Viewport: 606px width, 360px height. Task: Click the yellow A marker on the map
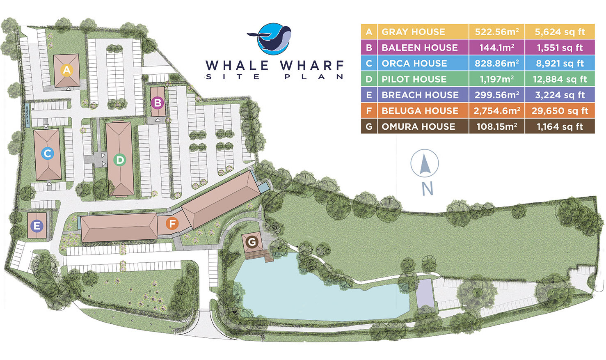click(67, 70)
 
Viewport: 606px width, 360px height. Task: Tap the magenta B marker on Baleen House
click(157, 103)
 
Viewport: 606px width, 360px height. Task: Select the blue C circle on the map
click(48, 154)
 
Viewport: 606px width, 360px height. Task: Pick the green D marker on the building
click(120, 160)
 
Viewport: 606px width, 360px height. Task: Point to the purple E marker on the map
click(37, 225)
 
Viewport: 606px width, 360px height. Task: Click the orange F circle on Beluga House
click(172, 224)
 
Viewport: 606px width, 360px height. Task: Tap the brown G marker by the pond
click(252, 242)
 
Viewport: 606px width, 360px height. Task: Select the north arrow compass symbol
click(425, 164)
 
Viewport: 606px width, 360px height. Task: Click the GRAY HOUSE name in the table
click(413, 32)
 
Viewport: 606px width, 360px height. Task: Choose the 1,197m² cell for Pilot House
click(496, 79)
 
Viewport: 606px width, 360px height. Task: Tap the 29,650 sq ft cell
click(560, 111)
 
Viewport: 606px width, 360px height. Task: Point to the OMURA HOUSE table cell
click(418, 126)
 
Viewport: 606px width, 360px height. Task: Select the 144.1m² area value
click(496, 48)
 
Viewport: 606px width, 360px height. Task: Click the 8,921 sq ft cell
click(560, 63)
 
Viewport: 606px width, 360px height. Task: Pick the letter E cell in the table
click(369, 95)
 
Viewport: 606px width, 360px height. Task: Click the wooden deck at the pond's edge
click(267, 258)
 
